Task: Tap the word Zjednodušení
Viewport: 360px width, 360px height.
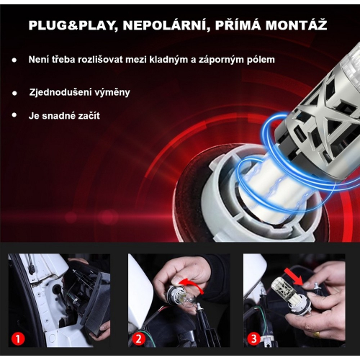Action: [x=62, y=93]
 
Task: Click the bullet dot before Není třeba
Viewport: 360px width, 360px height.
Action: [x=14, y=60]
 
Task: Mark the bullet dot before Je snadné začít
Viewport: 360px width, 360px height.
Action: [x=14, y=115]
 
